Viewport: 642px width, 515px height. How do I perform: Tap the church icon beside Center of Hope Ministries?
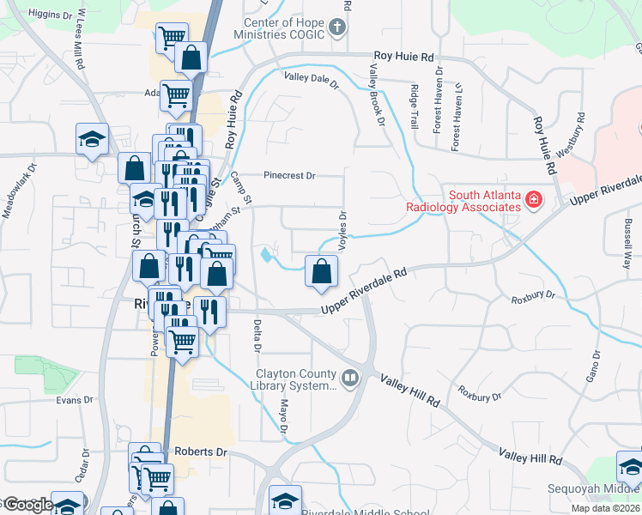tap(338, 27)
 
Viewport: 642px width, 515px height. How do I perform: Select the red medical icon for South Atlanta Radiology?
tap(534, 200)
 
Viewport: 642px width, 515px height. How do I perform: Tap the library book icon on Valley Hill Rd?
tap(350, 378)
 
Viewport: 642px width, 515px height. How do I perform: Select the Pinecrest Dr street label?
tap(289, 175)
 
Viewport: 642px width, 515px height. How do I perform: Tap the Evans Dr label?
tap(74, 400)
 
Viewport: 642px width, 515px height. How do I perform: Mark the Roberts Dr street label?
tap(199, 451)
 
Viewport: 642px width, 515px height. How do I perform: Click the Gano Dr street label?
tap(592, 367)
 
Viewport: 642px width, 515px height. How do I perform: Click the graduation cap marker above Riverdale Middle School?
tap(285, 499)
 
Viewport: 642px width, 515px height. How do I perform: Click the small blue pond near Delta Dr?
tap(268, 255)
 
